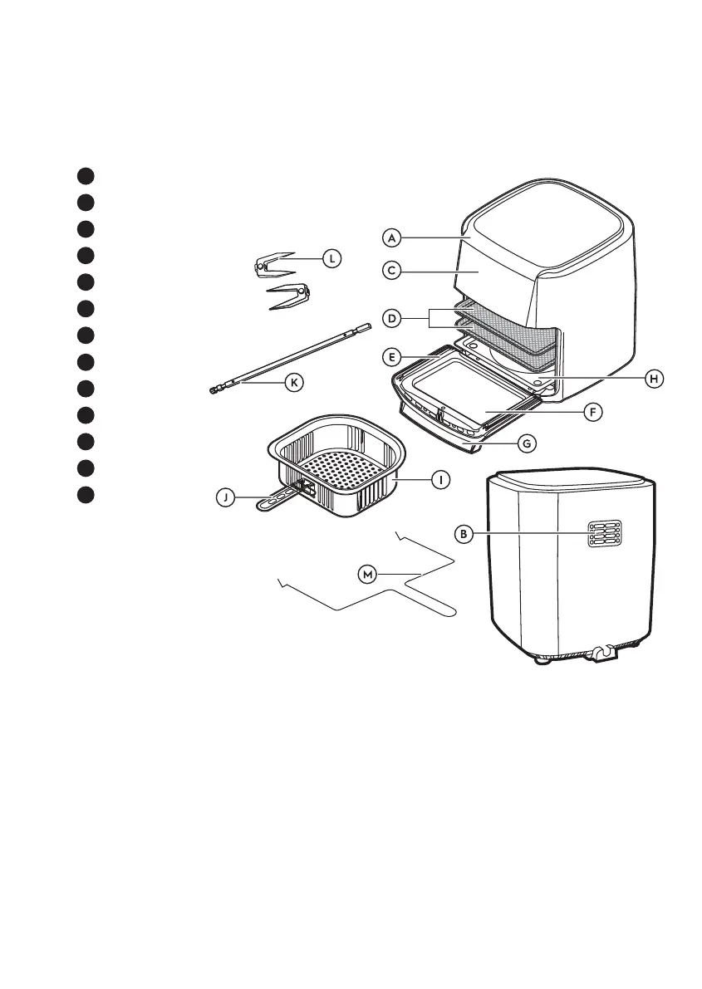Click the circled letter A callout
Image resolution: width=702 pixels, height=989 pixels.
[x=392, y=237]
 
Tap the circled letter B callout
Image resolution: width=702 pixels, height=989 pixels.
[x=464, y=534]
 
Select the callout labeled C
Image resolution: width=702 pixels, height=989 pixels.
[x=392, y=271]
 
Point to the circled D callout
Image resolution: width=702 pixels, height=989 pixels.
[x=392, y=317]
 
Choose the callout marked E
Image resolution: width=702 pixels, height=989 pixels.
[x=392, y=358]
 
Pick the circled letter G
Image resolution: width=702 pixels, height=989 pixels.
[x=526, y=443]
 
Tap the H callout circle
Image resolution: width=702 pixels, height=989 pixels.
[x=655, y=378]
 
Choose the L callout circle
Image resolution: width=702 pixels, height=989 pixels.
[x=331, y=258]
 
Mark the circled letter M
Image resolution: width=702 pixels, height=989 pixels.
[x=366, y=573]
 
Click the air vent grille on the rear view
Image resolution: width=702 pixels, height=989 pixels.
[x=604, y=534]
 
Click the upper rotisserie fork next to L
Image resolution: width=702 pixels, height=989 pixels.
[x=274, y=262]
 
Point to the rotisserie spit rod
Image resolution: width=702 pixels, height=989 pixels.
[x=291, y=358]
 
